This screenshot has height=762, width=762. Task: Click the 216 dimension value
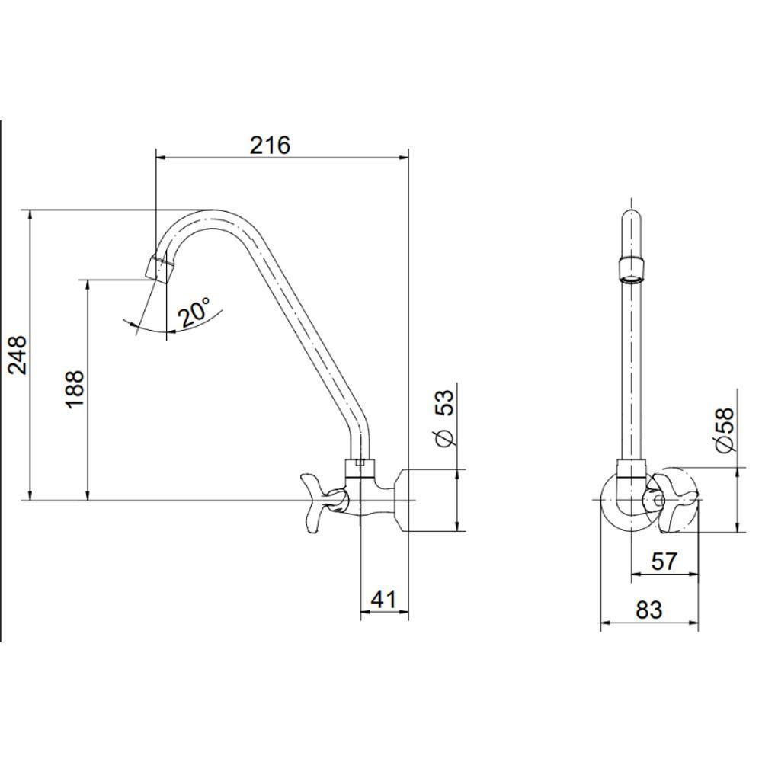[x=271, y=145]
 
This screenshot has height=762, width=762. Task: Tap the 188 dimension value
[x=75, y=389]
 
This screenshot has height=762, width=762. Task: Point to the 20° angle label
[x=194, y=312]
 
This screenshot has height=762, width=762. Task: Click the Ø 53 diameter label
[x=445, y=418]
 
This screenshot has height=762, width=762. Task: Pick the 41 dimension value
[x=383, y=599]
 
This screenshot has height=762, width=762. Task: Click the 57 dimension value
[x=664, y=562]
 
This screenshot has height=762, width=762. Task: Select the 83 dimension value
[x=649, y=610]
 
